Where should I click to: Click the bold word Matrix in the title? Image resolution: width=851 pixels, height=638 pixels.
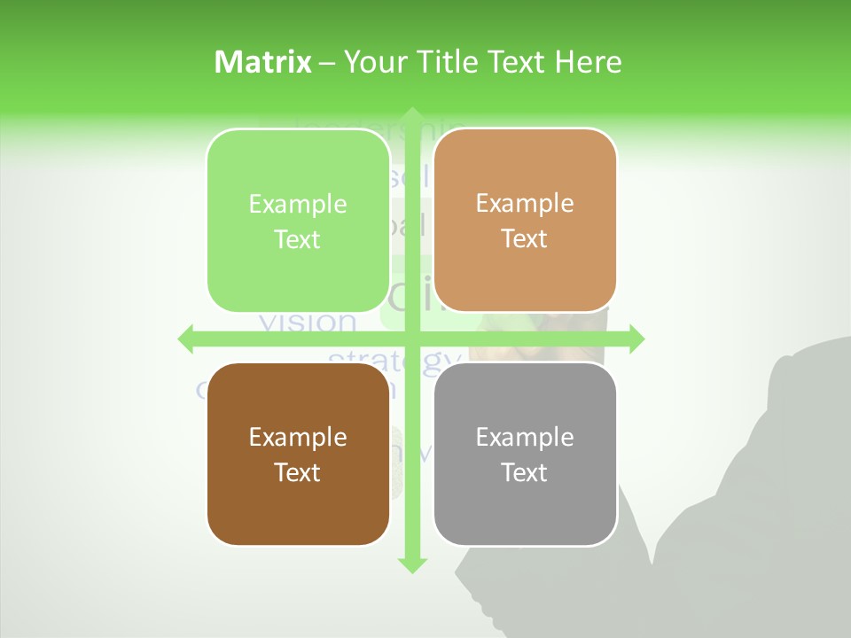click(263, 61)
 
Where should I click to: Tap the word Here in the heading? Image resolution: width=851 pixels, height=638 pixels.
click(588, 61)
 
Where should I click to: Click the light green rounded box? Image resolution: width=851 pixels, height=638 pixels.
click(298, 221)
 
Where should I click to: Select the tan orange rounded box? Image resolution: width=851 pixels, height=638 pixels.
click(525, 221)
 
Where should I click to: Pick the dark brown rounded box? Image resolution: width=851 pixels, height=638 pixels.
click(298, 454)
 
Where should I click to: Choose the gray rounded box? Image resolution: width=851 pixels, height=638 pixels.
click(525, 454)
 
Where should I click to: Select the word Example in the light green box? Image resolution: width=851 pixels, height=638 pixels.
click(298, 204)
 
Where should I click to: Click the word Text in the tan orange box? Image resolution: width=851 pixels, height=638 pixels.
click(525, 238)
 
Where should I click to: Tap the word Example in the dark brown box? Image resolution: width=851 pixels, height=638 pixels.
click(298, 437)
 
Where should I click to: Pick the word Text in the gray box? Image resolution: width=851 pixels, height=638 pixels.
click(525, 472)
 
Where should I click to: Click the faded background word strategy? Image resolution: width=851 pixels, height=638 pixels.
click(395, 360)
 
